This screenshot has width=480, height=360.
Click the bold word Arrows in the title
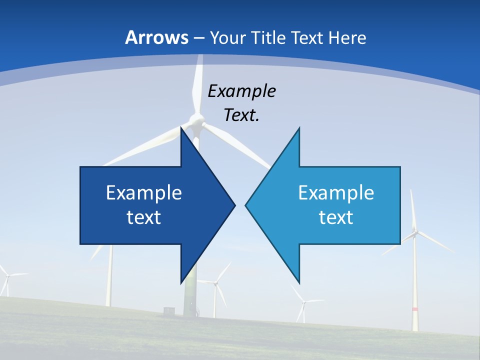pyautogui.click(x=156, y=37)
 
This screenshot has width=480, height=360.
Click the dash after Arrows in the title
pyautogui.click(x=198, y=38)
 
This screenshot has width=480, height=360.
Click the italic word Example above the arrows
pyautogui.click(x=241, y=91)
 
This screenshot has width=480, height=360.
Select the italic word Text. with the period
pyautogui.click(x=241, y=115)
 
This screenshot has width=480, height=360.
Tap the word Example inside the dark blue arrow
pyautogui.click(x=144, y=192)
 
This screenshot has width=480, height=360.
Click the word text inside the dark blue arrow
pyautogui.click(x=144, y=217)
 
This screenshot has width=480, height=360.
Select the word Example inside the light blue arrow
pyautogui.click(x=336, y=192)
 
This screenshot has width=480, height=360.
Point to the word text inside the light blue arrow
pyautogui.click(x=336, y=217)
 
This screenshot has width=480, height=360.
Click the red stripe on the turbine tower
pyautogui.click(x=414, y=309)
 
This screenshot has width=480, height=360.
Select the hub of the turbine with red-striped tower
pyautogui.click(x=414, y=231)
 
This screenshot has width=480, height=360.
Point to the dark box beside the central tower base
pyautogui.click(x=169, y=311)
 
